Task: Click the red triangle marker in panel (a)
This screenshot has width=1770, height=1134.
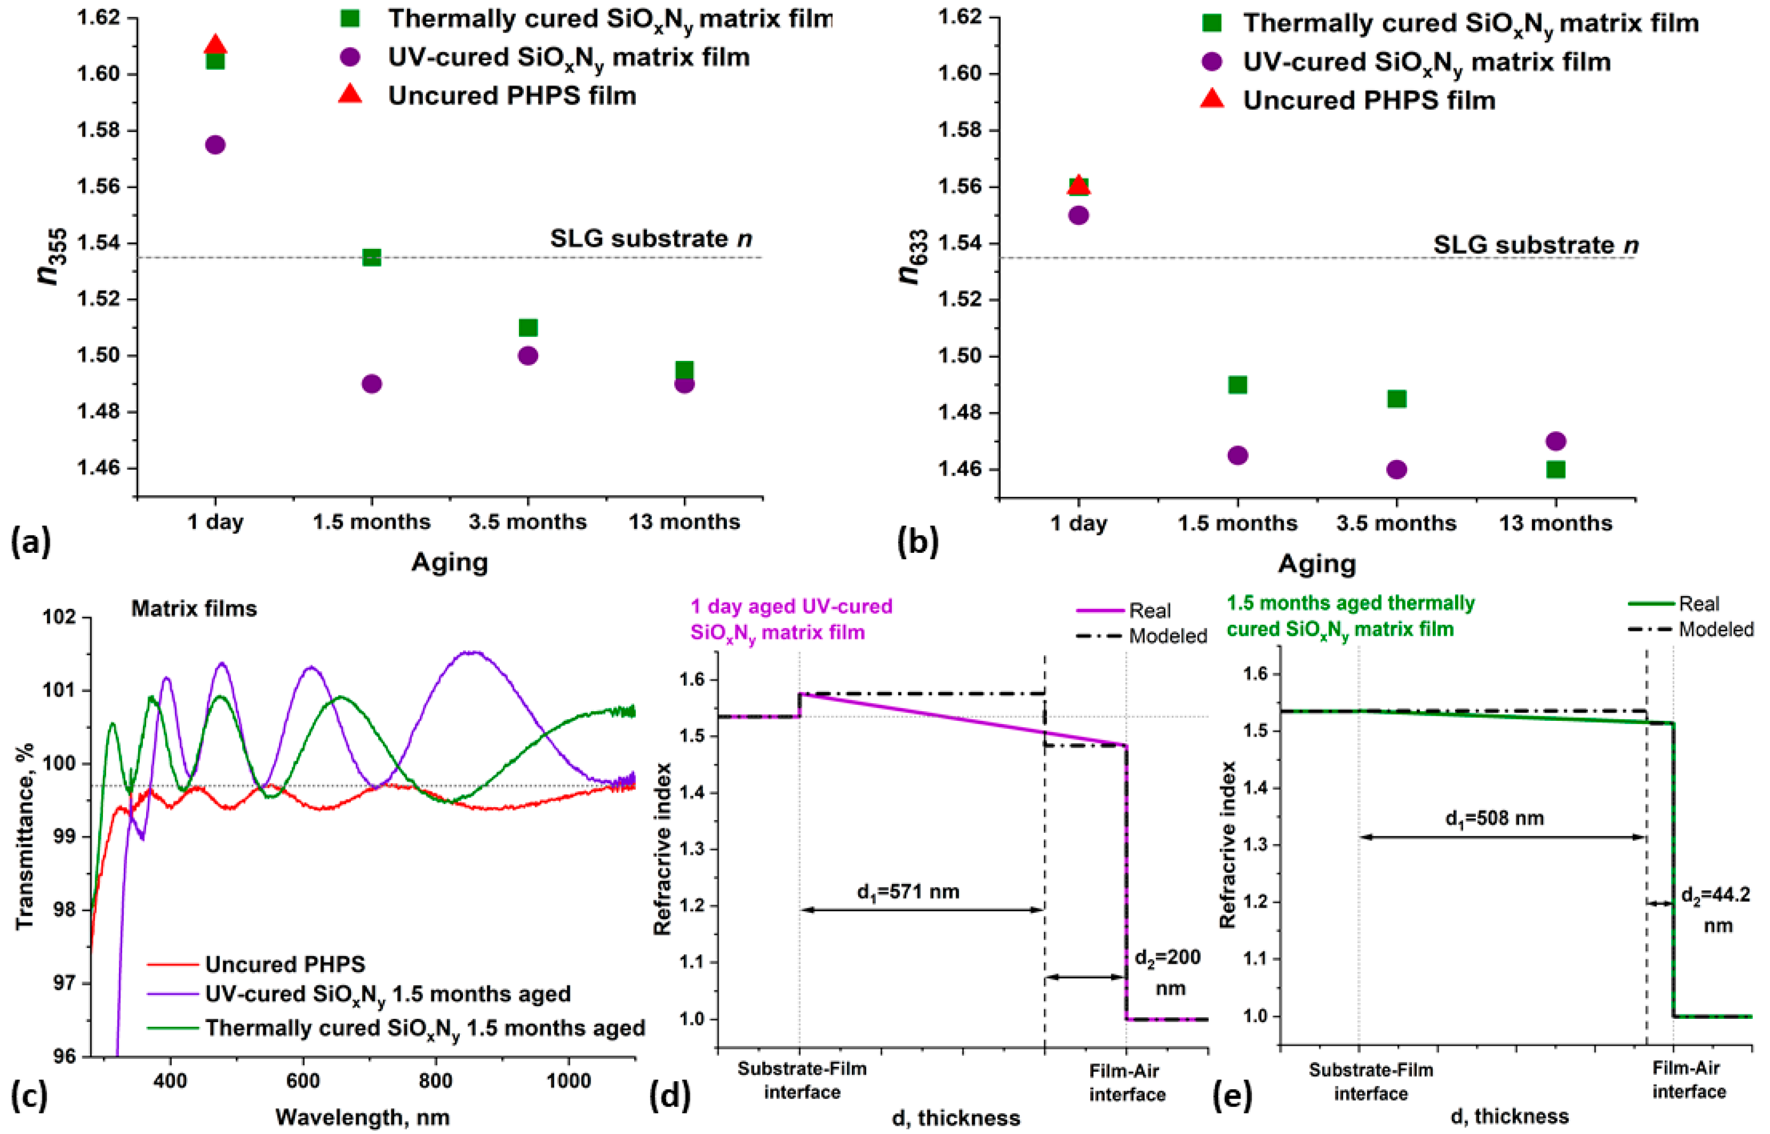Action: [215, 46]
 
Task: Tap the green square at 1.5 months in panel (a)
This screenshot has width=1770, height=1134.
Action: [372, 257]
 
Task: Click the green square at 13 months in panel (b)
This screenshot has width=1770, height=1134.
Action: [1556, 469]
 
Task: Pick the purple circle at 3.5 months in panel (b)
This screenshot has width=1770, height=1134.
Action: [1397, 469]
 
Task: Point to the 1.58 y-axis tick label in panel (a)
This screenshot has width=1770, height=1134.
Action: [99, 130]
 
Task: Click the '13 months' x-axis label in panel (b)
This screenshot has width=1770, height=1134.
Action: [1556, 524]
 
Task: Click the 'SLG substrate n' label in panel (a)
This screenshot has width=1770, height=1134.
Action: [651, 238]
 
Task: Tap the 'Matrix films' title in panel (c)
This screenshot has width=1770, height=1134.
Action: [194, 608]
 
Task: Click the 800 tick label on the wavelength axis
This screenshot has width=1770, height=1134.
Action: [435, 1081]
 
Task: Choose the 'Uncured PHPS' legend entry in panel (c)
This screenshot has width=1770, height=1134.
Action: [285, 964]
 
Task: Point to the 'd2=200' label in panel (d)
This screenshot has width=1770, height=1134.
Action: [1167, 957]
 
